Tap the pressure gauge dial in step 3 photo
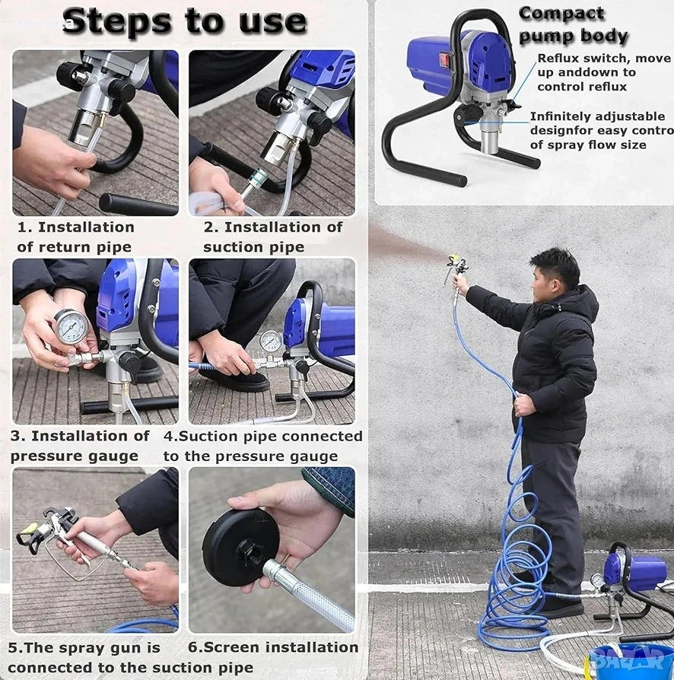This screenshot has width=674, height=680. click(x=71, y=326)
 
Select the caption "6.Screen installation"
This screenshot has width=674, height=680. click(x=273, y=647)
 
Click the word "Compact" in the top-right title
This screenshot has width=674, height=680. click(x=561, y=14)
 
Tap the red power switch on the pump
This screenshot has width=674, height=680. click(x=444, y=60)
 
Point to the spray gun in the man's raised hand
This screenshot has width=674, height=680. click(x=456, y=269)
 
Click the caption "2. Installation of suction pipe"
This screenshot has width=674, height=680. click(x=272, y=237)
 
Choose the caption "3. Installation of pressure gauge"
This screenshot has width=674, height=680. click(x=80, y=446)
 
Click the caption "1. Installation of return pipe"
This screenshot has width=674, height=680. click(x=76, y=237)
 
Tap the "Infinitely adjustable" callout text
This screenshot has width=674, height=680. click(x=597, y=116)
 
